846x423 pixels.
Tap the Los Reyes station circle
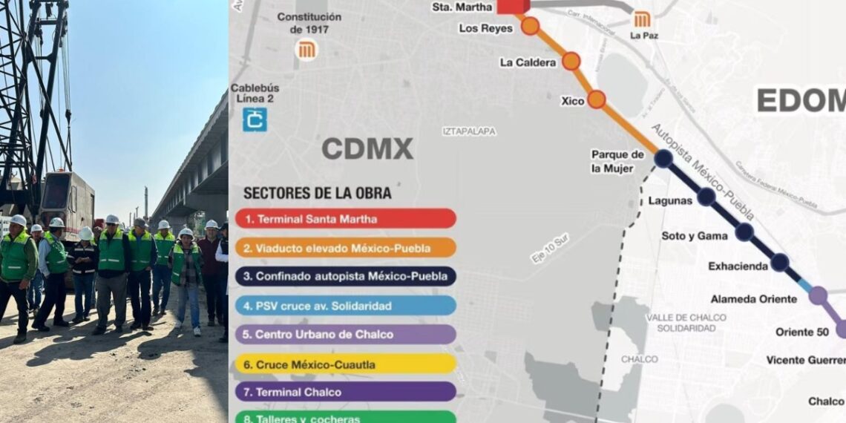tap(530, 26)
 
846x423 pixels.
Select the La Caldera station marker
tap(571, 61)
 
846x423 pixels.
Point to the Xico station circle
tap(597, 99)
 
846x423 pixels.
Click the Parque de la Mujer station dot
tap(663, 158)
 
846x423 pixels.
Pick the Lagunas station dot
tap(706, 197)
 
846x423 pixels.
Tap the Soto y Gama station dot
tap(744, 232)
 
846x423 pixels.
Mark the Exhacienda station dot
tap(779, 262)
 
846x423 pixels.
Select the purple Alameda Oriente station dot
tap(818, 295)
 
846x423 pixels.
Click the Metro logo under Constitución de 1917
tap(306, 50)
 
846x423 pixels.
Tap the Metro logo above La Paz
tap(642, 19)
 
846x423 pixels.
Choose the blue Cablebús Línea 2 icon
tap(255, 119)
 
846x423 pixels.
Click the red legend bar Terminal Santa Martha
tap(346, 219)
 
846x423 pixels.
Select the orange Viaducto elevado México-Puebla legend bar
tap(346, 248)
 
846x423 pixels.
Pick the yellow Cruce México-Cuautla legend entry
tap(346, 364)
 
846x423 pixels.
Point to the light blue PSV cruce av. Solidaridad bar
tap(346, 306)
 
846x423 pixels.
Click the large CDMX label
tap(367, 148)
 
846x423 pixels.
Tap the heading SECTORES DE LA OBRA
tap(318, 193)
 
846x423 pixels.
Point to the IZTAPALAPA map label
tap(470, 131)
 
